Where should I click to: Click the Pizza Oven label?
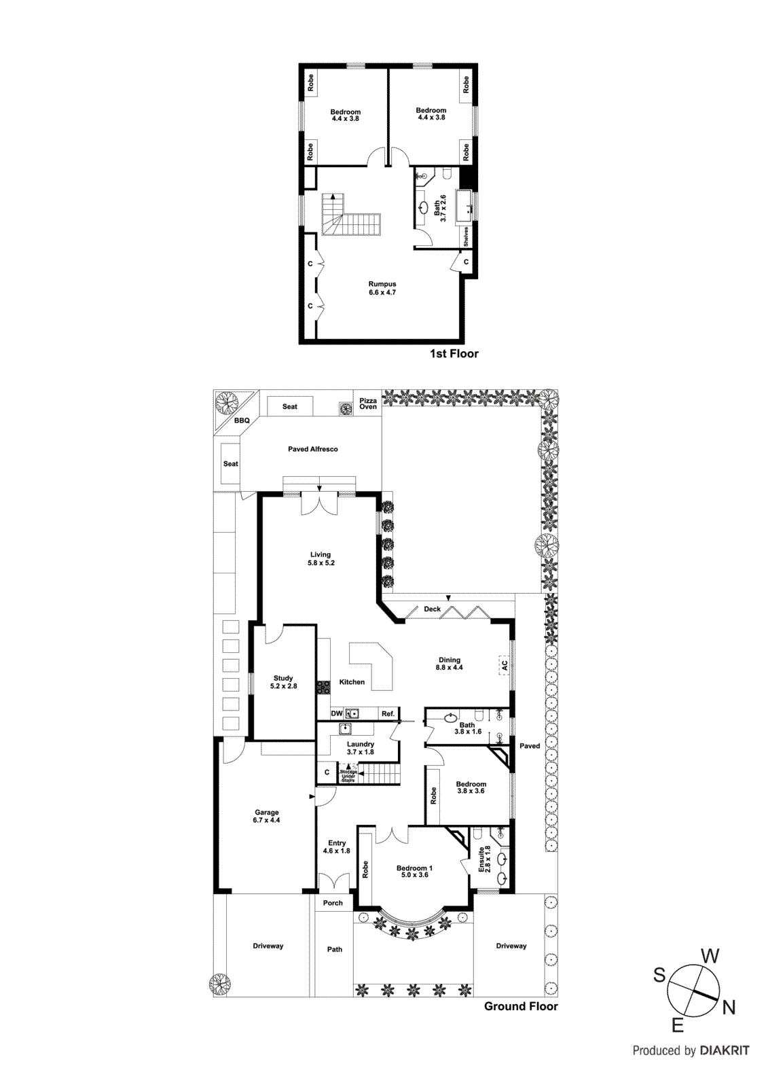368,404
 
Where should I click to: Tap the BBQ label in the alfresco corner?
242,421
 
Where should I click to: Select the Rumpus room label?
382,284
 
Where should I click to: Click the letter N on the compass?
729,1007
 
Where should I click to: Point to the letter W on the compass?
710,957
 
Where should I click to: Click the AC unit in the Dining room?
504,665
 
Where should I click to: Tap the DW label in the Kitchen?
337,713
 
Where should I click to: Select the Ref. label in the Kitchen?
388,713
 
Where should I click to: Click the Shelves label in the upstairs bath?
466,236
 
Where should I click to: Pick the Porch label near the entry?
333,903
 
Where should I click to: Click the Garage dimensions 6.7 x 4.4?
267,820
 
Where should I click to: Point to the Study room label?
283,678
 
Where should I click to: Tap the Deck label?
433,609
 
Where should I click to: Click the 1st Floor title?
454,353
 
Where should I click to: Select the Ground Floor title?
521,1006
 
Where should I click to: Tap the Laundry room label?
361,744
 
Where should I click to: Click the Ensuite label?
481,859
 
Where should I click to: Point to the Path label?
335,949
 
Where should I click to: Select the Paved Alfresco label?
312,449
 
